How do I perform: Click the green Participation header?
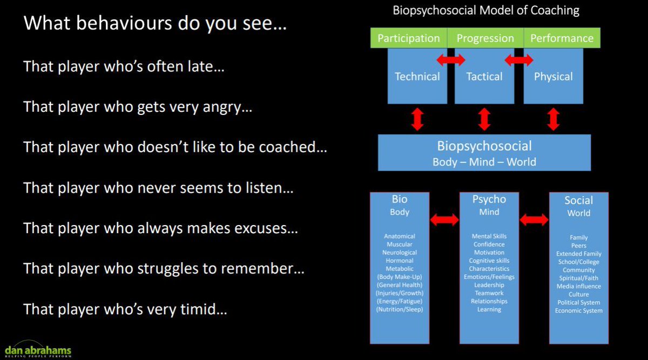(x=408, y=38)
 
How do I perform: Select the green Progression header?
(x=485, y=38)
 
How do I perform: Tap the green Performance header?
(x=562, y=38)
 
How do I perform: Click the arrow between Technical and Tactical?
(x=451, y=60)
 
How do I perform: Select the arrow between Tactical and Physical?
(x=519, y=60)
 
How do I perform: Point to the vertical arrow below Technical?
(x=417, y=119)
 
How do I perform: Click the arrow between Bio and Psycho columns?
(x=444, y=220)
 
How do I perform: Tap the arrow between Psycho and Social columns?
(x=534, y=220)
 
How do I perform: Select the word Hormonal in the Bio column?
(x=399, y=261)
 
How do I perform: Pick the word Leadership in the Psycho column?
(x=489, y=285)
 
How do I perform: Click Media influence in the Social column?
(x=578, y=286)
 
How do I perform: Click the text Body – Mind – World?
(x=484, y=162)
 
